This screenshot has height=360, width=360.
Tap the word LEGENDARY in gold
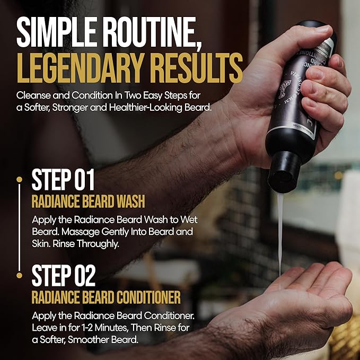click(x=77, y=68)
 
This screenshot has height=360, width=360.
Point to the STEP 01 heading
click(x=63, y=180)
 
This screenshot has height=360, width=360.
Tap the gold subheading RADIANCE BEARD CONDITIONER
click(x=106, y=296)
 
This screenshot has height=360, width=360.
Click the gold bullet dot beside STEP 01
click(x=19, y=180)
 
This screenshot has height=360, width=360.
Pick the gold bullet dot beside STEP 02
click(x=19, y=275)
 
